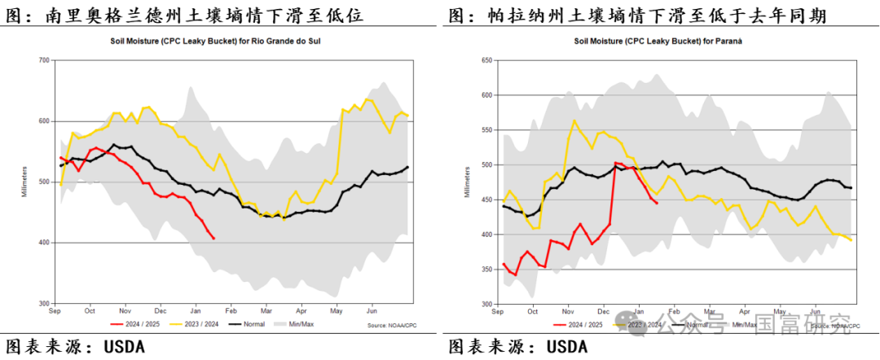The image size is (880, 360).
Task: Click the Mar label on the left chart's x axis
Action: click(266, 310)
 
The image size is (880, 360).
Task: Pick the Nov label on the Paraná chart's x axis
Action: click(568, 310)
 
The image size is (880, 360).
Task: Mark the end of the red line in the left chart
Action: click(213, 239)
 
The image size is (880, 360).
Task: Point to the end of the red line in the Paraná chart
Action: click(657, 204)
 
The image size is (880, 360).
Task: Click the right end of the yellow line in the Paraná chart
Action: click(851, 240)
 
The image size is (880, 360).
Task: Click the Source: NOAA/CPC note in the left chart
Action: click(390, 327)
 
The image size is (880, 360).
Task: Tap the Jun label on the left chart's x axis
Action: click(372, 310)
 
